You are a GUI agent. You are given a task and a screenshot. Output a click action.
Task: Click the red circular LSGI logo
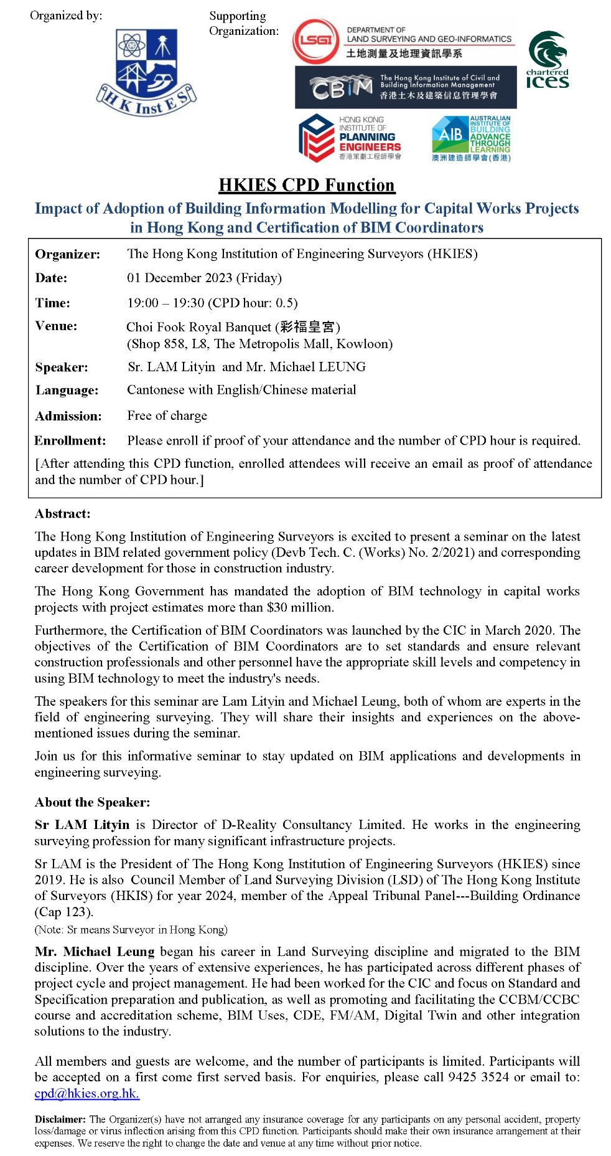pyautogui.click(x=315, y=40)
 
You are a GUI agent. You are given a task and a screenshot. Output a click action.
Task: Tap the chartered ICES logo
pyautogui.click(x=548, y=60)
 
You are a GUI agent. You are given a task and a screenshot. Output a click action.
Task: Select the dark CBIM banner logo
pyautogui.click(x=405, y=87)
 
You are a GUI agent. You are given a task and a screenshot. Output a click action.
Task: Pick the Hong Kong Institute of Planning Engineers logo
pyautogui.click(x=350, y=137)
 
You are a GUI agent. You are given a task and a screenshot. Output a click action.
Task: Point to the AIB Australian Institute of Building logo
pyautogui.click(x=471, y=138)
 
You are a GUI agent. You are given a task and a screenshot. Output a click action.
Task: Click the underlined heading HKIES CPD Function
pyautogui.click(x=307, y=185)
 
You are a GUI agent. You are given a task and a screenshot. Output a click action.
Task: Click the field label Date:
pyautogui.click(x=51, y=278)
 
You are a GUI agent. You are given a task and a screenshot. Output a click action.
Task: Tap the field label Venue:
pyautogui.click(x=56, y=326)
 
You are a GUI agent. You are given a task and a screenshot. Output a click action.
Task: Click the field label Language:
pyautogui.click(x=67, y=391)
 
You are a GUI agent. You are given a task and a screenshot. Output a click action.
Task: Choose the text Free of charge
pyautogui.click(x=167, y=415)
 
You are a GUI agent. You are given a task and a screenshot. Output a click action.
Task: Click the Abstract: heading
pyautogui.click(x=62, y=514)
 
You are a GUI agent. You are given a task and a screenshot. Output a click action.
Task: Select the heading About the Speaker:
pyautogui.click(x=92, y=802)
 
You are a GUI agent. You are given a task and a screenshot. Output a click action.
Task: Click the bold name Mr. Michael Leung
pyautogui.click(x=95, y=952)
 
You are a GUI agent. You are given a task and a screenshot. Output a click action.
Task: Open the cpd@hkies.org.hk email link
pyautogui.click(x=86, y=1093)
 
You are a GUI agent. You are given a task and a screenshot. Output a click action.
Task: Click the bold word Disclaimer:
pyautogui.click(x=60, y=1119)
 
